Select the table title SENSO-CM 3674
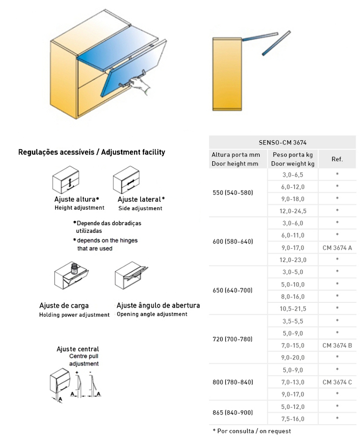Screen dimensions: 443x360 click(282, 143)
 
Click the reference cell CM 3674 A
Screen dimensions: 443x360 click(337, 247)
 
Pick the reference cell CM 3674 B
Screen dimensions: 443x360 click(337, 345)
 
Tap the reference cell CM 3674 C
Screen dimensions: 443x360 click(337, 382)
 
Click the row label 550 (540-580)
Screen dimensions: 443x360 click(233, 192)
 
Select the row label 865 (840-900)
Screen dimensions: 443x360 click(233, 412)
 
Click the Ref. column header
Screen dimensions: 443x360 click(337, 159)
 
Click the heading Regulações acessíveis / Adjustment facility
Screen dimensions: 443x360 click(92, 152)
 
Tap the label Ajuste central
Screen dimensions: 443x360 click(78, 349)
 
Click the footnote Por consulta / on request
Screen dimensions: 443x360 click(252, 431)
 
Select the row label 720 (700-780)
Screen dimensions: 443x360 click(233, 339)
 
